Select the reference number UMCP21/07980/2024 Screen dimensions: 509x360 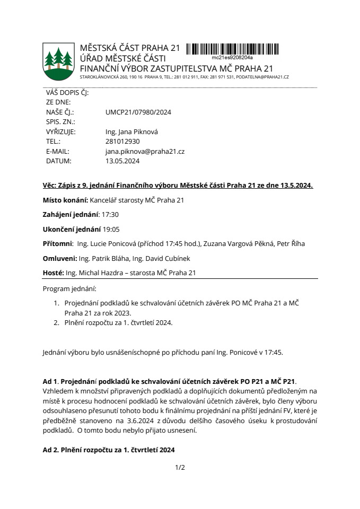138,112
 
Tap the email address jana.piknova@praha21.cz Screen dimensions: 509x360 145,152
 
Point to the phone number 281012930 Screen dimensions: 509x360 122,142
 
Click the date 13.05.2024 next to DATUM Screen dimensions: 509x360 122,161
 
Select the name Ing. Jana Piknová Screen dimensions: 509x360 132,132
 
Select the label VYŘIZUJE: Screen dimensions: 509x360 61,132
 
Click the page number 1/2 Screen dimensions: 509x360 180,467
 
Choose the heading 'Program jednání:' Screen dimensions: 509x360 70,289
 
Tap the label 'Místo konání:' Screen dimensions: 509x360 65,200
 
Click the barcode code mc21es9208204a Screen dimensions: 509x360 232,57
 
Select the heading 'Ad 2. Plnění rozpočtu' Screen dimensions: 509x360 108,450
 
